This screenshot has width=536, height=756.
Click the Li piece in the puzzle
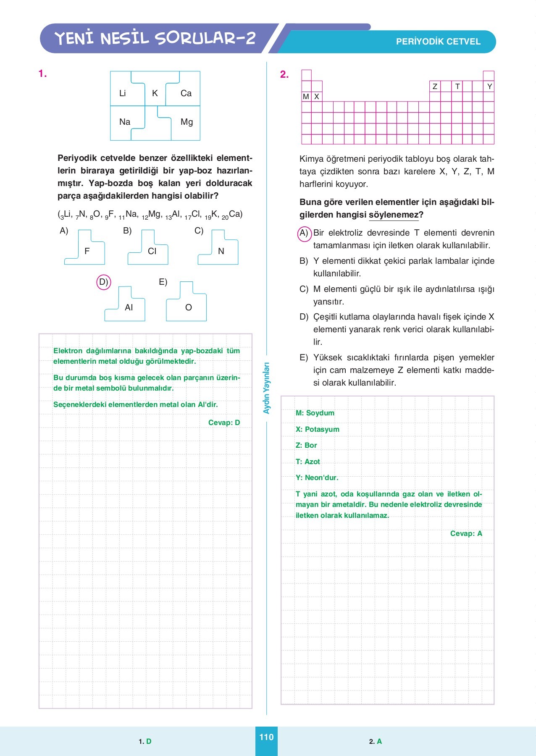(x=123, y=93)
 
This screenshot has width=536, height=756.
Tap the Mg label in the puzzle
(x=187, y=122)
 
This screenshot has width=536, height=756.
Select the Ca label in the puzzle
(x=186, y=93)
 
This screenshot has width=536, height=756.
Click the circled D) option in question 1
(x=103, y=282)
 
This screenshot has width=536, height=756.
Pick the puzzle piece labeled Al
(x=128, y=307)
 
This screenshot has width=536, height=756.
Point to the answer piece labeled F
(x=87, y=251)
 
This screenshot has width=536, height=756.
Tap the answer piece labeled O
(x=188, y=307)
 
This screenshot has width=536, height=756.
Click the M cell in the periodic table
(x=306, y=97)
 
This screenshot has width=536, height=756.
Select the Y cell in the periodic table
(x=489, y=87)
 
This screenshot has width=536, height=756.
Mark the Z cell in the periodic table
(x=435, y=87)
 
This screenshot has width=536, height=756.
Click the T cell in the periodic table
(x=457, y=87)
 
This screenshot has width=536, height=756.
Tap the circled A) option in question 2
(x=304, y=233)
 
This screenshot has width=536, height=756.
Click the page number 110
(x=266, y=737)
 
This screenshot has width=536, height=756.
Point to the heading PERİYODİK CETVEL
(x=438, y=42)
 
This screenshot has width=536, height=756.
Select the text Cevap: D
(x=224, y=423)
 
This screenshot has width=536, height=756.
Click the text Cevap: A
(x=466, y=533)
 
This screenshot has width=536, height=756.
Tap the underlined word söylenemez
(x=394, y=215)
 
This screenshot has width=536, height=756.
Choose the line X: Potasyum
(x=318, y=429)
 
